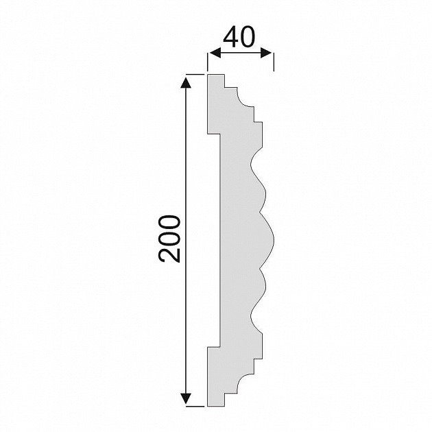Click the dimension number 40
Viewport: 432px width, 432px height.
coord(239,36)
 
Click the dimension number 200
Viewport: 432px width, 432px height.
coord(169,239)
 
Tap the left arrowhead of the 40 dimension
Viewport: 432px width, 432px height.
coord(215,53)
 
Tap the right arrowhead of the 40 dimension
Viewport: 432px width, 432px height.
coord(267,53)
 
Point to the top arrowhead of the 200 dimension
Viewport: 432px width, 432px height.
coord(186,83)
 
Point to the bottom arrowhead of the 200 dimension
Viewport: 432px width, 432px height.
coord(186,398)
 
